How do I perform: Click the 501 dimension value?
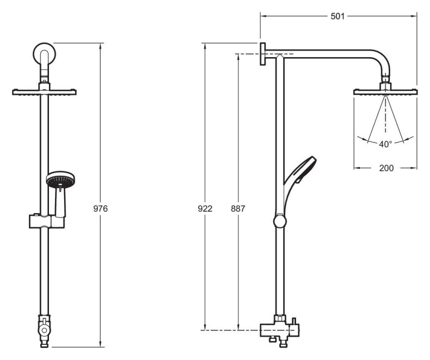coord(337,16)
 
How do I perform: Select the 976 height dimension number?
coord(101,209)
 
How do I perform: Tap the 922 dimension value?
coord(205,209)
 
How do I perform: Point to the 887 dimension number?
coord(238,209)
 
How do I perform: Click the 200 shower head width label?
coord(386,168)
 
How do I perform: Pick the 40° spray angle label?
coord(385,144)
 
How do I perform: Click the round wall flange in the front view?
coord(44,53)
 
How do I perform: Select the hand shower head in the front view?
coord(60,179)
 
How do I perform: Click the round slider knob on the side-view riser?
coord(280,221)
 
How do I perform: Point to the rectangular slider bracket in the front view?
coord(47,221)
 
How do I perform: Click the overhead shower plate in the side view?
coord(385,92)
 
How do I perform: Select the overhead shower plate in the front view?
coord(44,92)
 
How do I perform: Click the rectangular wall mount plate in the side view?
coord(263,54)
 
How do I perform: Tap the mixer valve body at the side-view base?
coord(279,330)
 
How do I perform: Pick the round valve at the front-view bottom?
coord(44,330)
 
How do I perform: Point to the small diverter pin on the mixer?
coord(294,321)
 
